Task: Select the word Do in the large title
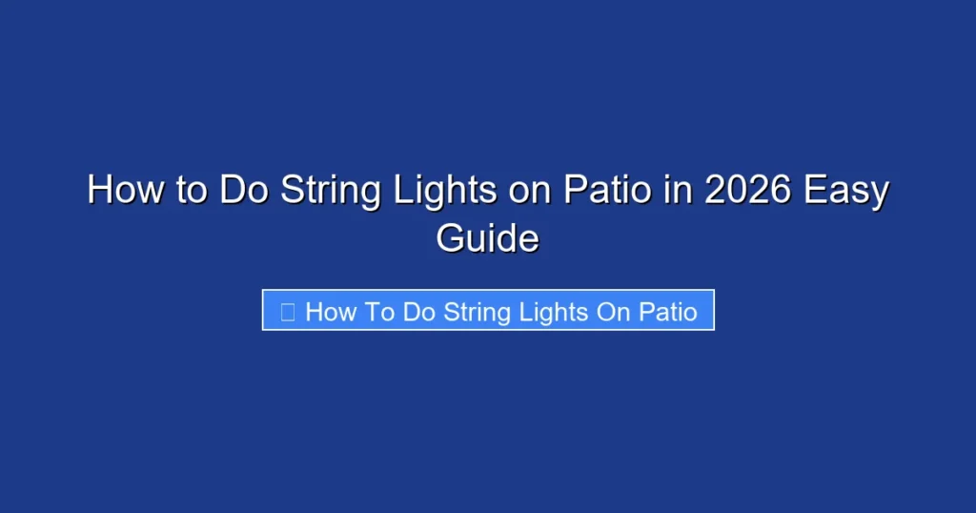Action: pyautogui.click(x=241, y=191)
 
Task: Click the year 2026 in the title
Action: pyautogui.click(x=746, y=191)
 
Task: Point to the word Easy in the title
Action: pyautogui.click(x=846, y=191)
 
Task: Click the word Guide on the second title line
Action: pyautogui.click(x=487, y=237)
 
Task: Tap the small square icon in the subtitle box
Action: pyautogui.click(x=287, y=312)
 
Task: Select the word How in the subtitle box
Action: pyautogui.click(x=330, y=312)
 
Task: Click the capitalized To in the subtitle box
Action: pyautogui.click(x=378, y=312)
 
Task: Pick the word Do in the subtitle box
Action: pyautogui.click(x=419, y=312)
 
